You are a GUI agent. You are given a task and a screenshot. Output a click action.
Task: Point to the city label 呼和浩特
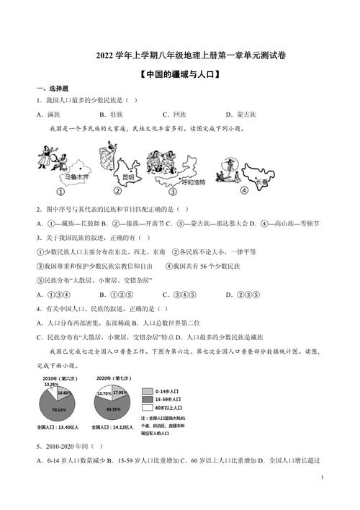[190, 182]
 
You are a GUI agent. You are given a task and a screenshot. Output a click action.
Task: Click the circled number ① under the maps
[61, 192]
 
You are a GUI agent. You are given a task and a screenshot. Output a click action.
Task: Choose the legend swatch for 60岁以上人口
[148, 407]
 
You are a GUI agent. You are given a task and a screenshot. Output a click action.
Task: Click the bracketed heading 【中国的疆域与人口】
[180, 73]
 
